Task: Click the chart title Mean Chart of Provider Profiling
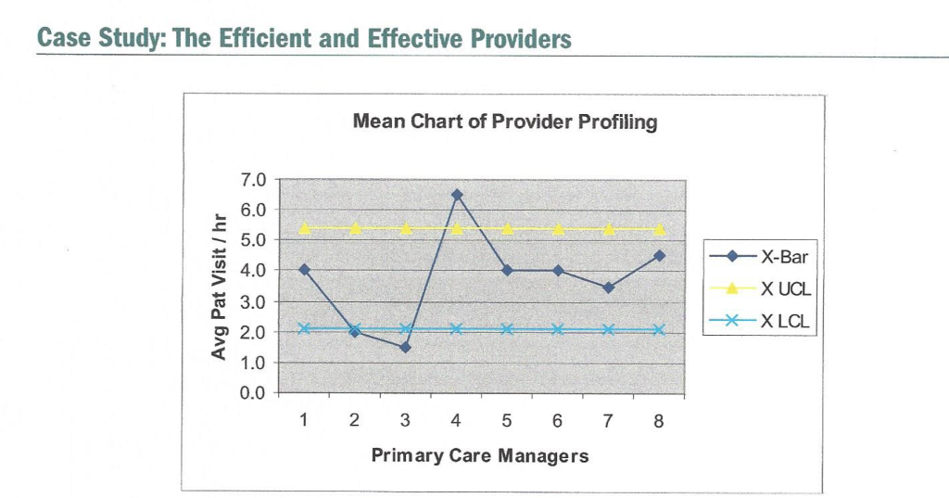[x=505, y=121]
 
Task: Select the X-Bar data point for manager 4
[x=456, y=195]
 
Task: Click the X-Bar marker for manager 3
[x=405, y=347]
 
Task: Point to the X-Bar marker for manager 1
[x=304, y=270]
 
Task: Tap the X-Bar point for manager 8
[x=659, y=255]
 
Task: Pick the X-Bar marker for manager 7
[x=608, y=287]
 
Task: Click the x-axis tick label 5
[x=506, y=420]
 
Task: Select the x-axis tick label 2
[x=354, y=420]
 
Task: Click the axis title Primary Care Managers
[x=480, y=455]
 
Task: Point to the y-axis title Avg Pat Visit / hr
[x=219, y=287]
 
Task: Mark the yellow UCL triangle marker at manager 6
[x=558, y=229]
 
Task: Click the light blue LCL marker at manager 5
[x=507, y=329]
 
